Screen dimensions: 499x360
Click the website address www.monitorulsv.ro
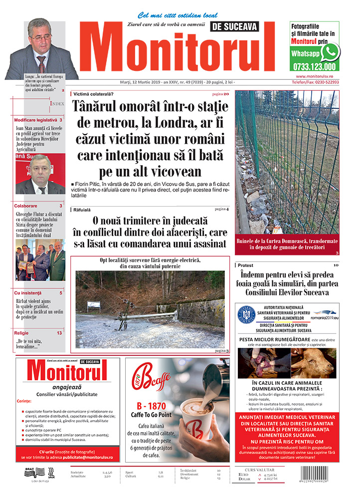(314, 76)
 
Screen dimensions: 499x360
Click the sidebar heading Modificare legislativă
(35, 120)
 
